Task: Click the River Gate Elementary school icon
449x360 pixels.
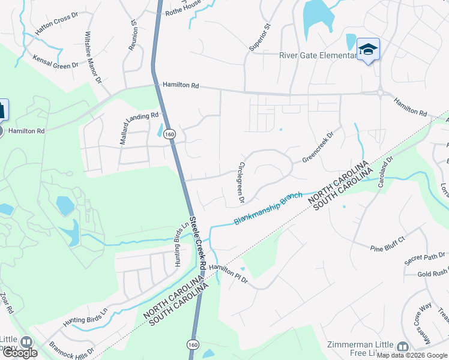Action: coord(368,49)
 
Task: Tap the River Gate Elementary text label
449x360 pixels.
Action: coord(318,56)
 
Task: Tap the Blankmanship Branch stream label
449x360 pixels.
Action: coord(268,209)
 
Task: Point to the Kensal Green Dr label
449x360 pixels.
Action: coord(56,62)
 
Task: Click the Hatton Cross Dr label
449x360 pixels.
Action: coord(58,25)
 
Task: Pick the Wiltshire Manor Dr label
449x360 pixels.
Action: coord(93,57)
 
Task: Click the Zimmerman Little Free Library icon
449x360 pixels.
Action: coord(403,346)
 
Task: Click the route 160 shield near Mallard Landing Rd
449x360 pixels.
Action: coord(170,135)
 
